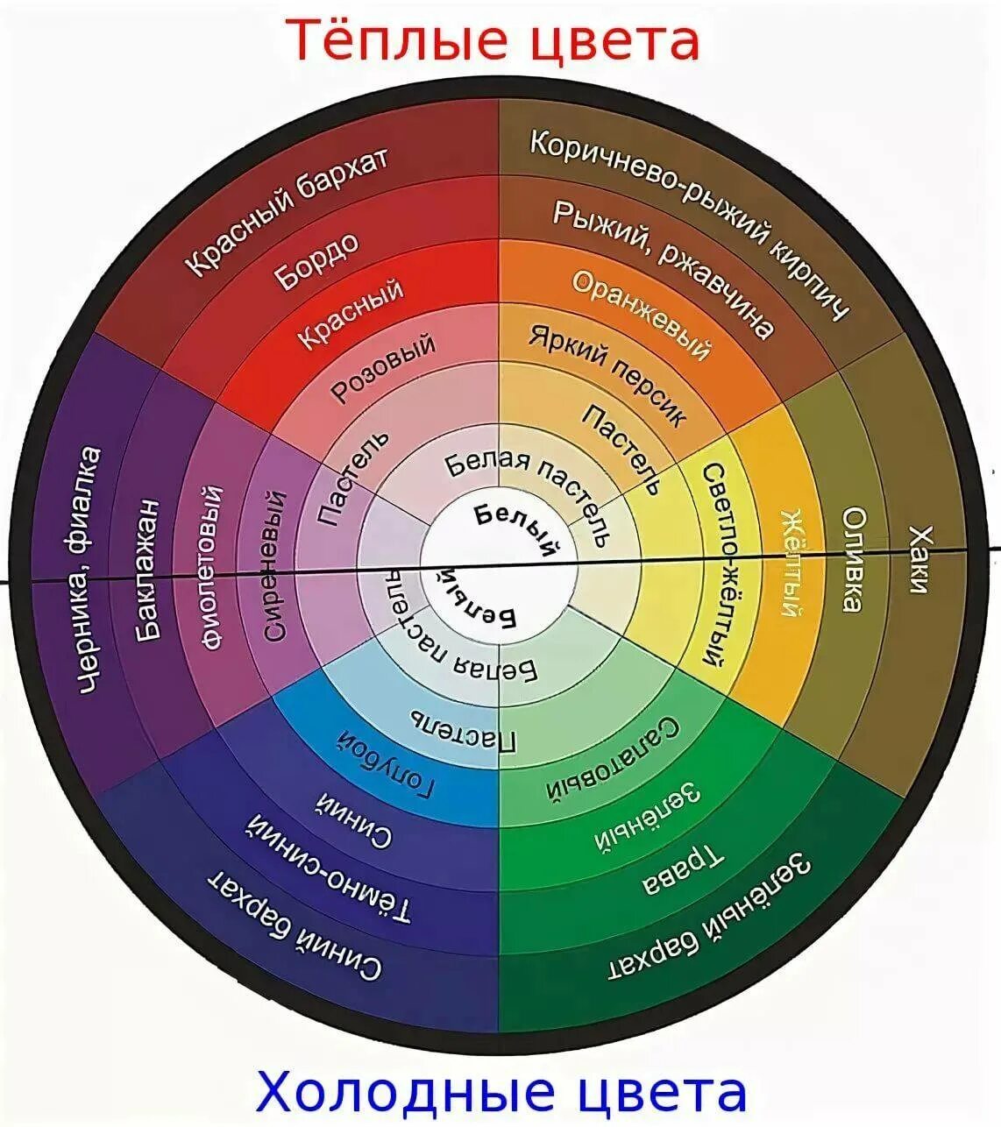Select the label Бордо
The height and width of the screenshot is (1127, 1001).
pyautogui.click(x=317, y=260)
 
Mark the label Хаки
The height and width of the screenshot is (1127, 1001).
pyautogui.click(x=918, y=559)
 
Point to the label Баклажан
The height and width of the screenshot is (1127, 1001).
pyautogui.click(x=148, y=569)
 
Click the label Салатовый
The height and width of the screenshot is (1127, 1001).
pyautogui.click(x=614, y=759)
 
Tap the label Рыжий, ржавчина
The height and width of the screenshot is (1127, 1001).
pyautogui.click(x=664, y=267)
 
